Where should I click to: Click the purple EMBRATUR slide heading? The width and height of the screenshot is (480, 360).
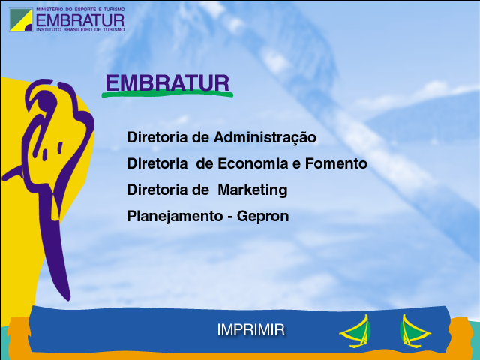167,82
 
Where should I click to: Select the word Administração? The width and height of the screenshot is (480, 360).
265,138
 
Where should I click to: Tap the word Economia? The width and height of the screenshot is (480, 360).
253,163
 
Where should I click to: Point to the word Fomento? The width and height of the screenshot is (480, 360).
336,163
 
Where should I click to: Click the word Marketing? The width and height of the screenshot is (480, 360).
253,190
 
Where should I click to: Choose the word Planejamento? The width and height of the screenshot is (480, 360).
175,217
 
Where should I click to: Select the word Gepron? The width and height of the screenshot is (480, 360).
263,217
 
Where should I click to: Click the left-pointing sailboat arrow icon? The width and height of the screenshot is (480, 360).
355,331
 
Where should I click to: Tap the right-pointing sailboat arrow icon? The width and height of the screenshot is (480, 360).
415,331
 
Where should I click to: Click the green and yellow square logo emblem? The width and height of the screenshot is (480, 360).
21,20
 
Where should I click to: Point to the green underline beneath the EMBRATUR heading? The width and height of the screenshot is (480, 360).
167,94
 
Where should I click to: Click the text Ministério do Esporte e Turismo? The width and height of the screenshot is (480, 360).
80,10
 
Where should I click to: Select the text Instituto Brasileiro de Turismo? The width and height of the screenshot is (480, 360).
80,30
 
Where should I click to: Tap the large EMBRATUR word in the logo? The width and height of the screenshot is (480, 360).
80,20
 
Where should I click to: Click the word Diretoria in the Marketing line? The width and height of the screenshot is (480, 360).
157,190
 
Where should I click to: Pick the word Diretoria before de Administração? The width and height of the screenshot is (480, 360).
157,137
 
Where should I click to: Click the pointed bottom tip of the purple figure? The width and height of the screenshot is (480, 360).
68,299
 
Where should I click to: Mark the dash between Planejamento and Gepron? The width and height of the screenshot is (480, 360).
230,217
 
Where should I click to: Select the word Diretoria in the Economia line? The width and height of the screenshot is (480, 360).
157,163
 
